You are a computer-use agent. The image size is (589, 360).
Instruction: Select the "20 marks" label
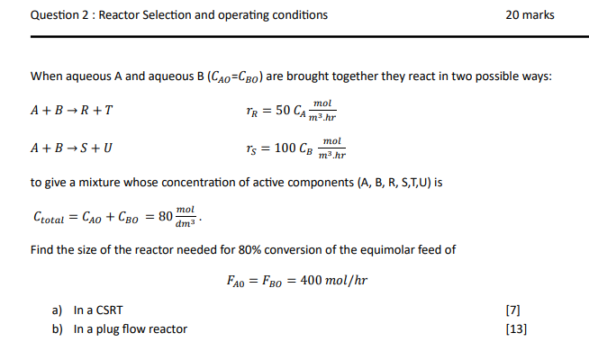click(x=531, y=15)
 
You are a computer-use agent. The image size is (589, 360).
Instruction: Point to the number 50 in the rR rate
click(x=285, y=111)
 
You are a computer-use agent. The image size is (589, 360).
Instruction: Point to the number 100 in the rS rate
click(x=287, y=147)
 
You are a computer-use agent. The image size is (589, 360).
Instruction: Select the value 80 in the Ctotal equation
click(x=165, y=216)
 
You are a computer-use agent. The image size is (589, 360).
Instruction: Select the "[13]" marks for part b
click(x=517, y=328)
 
